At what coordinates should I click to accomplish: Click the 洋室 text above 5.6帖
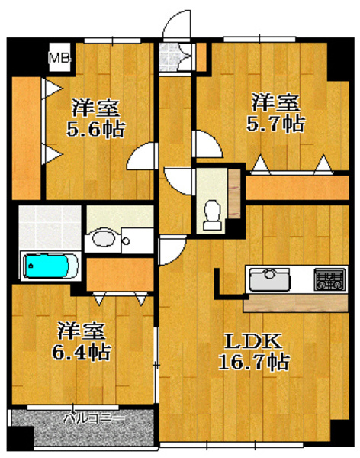point(95,106)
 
